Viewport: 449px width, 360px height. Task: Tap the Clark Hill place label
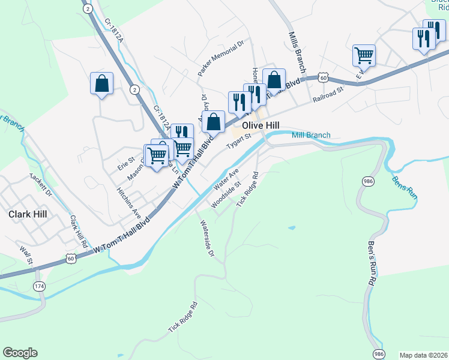(x=28, y=213)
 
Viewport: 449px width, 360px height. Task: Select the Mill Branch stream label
(x=311, y=135)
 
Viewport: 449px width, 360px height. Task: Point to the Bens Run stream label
(x=404, y=187)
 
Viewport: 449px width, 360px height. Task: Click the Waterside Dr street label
(x=206, y=238)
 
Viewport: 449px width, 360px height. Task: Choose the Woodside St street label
(x=226, y=194)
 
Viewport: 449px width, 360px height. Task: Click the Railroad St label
(x=327, y=94)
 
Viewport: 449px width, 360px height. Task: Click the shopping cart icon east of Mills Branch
(x=364, y=56)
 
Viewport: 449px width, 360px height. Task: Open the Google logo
(x=20, y=353)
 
